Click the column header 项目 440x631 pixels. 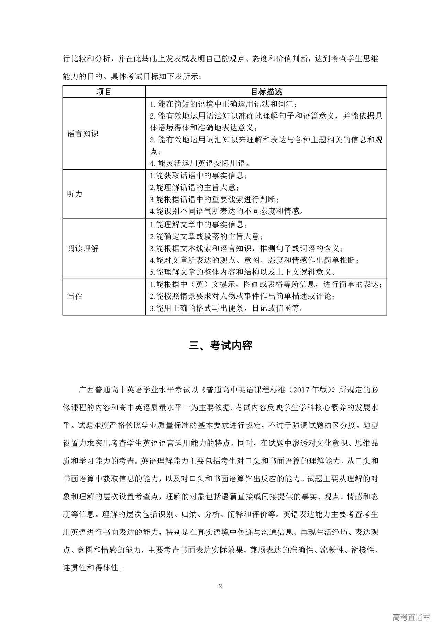104,92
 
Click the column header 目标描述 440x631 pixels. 266,92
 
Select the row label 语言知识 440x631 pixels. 83,134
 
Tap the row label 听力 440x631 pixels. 75,194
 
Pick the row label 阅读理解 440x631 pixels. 83,248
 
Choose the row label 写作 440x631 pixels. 75,296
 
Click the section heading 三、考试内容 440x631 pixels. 221,346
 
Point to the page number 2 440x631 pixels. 220,586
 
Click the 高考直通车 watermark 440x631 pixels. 411,617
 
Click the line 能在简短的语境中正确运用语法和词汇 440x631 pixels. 223,104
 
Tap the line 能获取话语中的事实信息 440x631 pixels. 198,176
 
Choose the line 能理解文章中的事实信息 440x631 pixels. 198,225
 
